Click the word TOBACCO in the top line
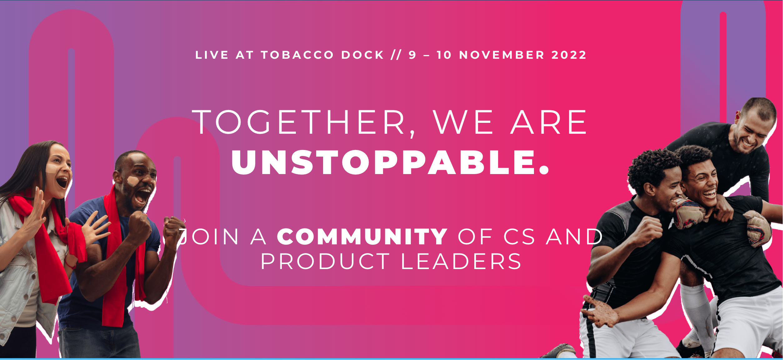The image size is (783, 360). coord(297,55)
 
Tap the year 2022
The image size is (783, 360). coord(569,55)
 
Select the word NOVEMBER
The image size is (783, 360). coord(502,55)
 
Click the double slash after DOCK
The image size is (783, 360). coord(396,55)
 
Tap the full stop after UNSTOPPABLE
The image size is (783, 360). coord(544,170)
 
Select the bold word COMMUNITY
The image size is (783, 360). coord(362,237)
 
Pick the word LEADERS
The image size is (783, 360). coord(461,261)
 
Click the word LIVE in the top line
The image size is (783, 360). coord(212,55)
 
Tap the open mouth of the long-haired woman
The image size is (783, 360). coord(62,182)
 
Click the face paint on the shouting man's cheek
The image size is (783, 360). coord(133,181)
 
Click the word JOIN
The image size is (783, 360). coord(208,237)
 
